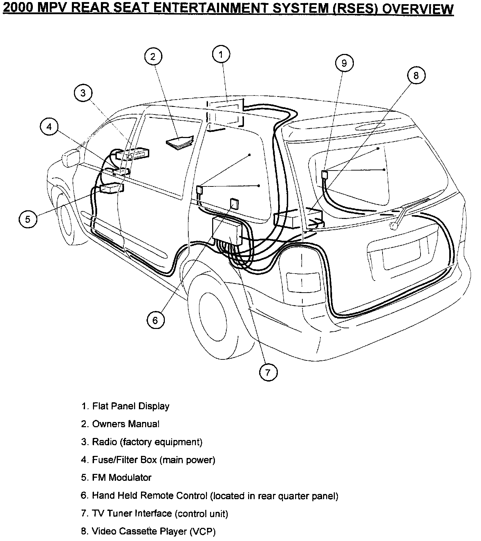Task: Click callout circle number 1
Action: pos(221,54)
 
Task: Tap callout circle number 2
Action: pos(153,56)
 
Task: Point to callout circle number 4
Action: pos(49,127)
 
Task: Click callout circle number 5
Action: pos(28,219)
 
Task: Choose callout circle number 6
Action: pos(155,320)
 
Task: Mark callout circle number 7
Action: pos(268,372)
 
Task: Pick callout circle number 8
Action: pos(416,75)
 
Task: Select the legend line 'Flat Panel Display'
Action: pos(126,406)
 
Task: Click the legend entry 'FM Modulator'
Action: pos(116,478)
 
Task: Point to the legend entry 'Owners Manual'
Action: pos(121,424)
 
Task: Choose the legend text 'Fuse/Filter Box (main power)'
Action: pos(148,460)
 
